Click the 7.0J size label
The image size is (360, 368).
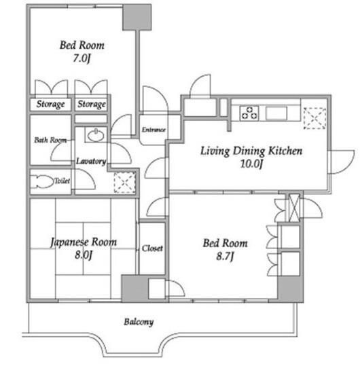coord(82,58)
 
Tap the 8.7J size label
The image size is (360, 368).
coord(225,256)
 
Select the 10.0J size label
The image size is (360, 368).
coord(251,164)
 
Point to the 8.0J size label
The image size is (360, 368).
coord(84,255)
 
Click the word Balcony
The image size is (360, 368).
coord(139,322)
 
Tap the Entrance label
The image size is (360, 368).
coord(154,130)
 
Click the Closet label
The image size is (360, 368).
coord(152,249)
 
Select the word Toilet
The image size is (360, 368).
coord(62,181)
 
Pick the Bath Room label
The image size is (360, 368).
coord(50,140)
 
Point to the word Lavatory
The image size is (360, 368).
coord(91,161)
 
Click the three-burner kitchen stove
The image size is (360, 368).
coord(249,113)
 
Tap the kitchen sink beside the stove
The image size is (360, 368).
coord(276,113)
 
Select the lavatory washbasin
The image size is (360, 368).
coord(96,135)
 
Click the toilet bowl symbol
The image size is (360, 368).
coord(42,181)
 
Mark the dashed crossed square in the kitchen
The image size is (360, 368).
coord(314,118)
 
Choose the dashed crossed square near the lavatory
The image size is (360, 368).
coord(125,183)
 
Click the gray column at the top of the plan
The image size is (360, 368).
coord(137,17)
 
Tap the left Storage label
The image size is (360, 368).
coord(50,104)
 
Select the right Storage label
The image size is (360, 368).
coord(92,104)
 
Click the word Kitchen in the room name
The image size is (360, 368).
coord(285,151)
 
